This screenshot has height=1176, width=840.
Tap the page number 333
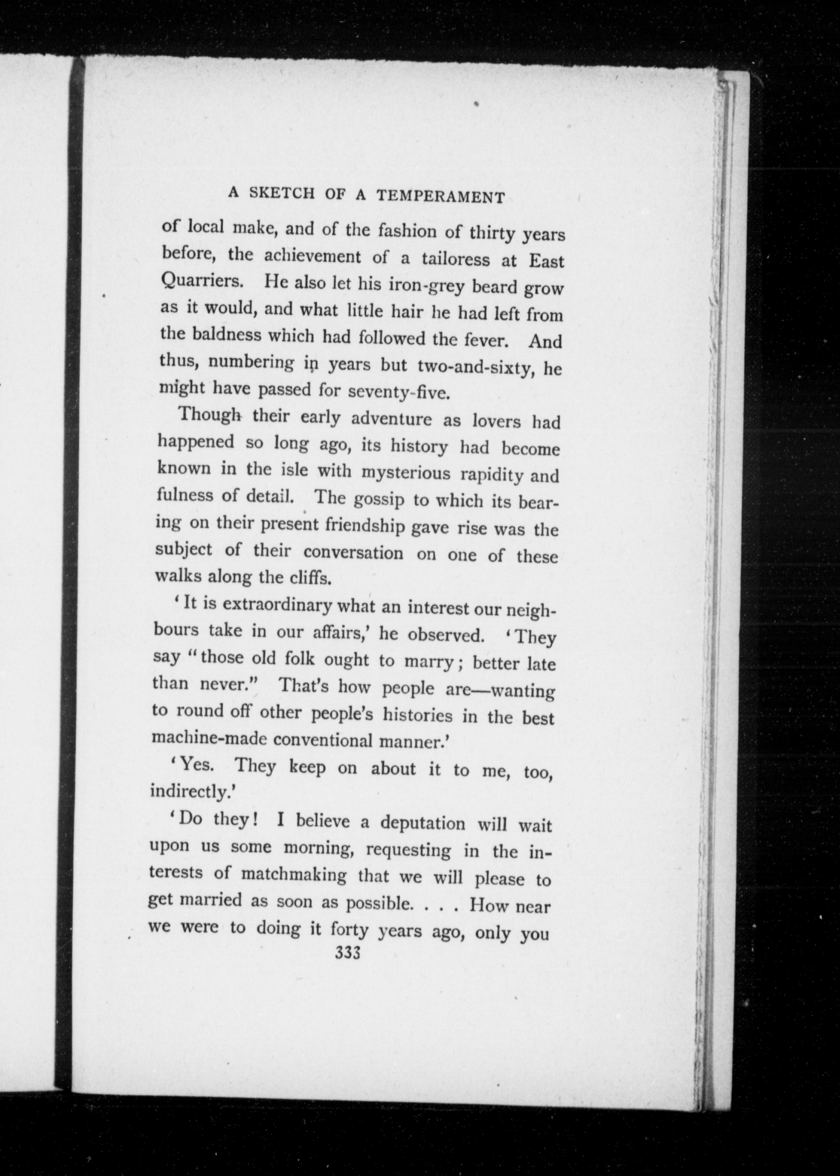(x=348, y=953)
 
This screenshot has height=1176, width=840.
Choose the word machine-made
(x=210, y=738)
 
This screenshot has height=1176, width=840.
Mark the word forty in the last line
(x=349, y=929)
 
